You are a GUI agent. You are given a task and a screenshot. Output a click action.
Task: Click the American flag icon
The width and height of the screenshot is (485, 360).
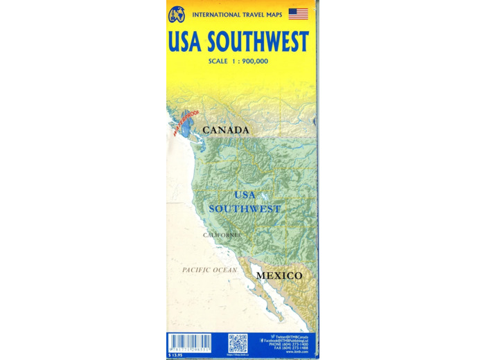tap(298, 14)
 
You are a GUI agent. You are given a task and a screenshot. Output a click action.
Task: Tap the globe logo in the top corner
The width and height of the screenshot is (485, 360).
tap(177, 14)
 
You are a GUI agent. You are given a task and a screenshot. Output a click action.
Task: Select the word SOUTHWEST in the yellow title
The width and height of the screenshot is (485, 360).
tap(258, 43)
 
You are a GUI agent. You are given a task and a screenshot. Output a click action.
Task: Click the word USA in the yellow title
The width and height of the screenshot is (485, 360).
tap(186, 43)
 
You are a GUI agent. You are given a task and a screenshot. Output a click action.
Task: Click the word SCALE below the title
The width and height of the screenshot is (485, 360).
tap(218, 62)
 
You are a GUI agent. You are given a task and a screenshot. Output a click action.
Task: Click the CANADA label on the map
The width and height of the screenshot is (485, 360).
tap(225, 129)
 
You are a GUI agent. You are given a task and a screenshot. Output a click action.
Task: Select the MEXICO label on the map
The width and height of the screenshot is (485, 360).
tap(279, 276)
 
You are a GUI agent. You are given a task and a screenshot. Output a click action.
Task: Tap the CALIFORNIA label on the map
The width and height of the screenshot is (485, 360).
tap(221, 235)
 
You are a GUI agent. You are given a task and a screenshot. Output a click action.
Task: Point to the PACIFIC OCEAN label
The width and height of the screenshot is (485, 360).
tap(209, 269)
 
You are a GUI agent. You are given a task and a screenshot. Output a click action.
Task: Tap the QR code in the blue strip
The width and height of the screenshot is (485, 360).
tap(238, 343)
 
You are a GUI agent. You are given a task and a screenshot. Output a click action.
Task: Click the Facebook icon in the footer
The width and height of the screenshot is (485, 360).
tap(263, 341)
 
